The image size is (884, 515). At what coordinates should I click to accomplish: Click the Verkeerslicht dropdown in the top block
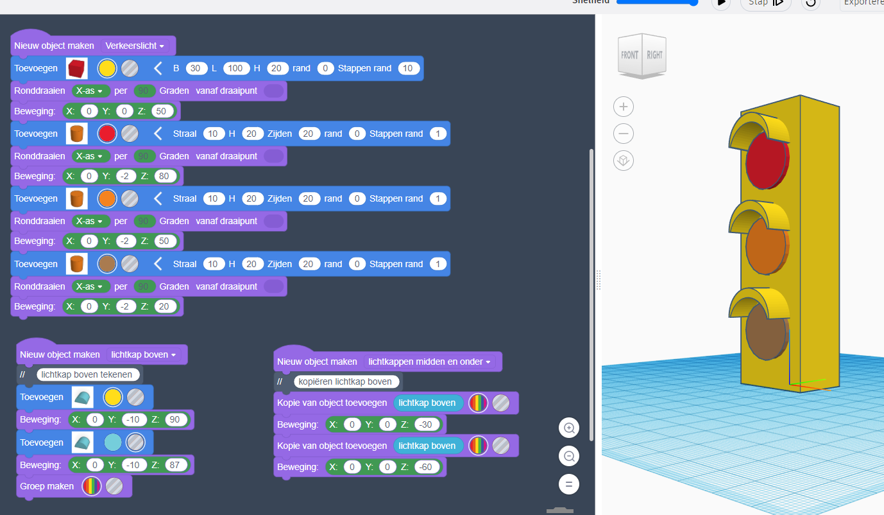pos(135,46)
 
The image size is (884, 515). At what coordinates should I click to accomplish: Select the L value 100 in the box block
pos(237,68)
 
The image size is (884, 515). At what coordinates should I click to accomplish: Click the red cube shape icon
pos(77,68)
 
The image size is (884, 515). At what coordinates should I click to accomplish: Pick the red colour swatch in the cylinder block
pos(107,134)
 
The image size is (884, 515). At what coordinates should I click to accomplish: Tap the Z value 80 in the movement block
pos(164,176)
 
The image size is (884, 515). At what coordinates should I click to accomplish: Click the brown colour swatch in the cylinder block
pos(107,264)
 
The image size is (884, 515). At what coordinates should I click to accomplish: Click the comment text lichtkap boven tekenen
pos(87,374)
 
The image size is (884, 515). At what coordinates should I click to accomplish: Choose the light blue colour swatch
pos(112,442)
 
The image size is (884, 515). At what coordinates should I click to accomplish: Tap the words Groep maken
pos(47,486)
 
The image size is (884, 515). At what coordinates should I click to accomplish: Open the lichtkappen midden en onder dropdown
pos(429,362)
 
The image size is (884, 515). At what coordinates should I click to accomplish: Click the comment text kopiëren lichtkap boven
pos(345,381)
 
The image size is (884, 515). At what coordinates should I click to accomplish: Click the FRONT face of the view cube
pos(629,56)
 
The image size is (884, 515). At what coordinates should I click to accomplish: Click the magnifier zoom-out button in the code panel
pos(568,457)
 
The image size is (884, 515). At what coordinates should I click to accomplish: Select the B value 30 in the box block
pos(195,68)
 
